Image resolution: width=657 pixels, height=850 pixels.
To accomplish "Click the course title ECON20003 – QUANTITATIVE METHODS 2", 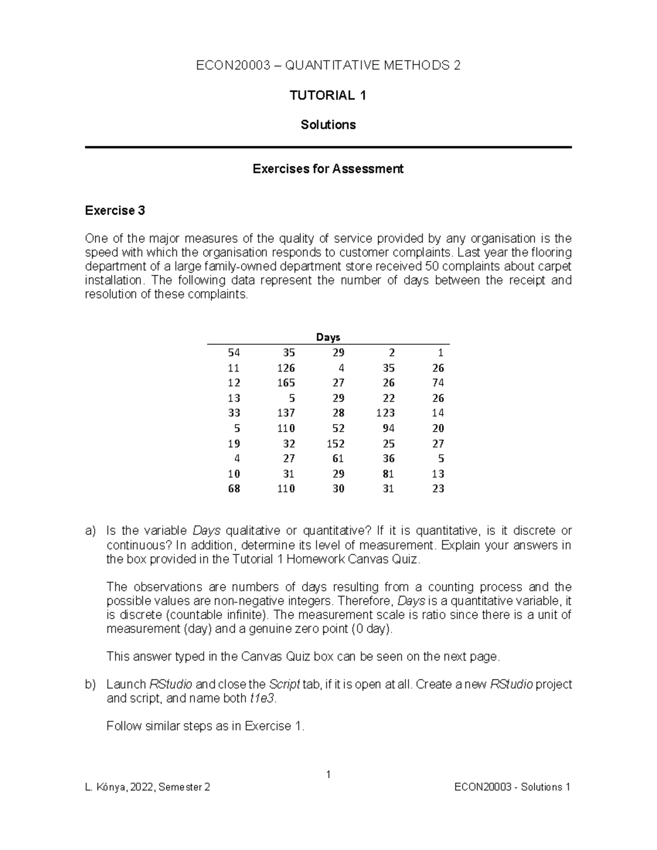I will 328,66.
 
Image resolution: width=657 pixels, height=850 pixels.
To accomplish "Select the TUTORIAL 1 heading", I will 328,96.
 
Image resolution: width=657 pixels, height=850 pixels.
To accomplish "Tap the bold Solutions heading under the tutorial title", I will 328,125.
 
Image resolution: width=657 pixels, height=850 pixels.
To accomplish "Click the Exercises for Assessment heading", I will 328,169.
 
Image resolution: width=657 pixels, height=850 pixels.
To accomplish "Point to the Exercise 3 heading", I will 115,211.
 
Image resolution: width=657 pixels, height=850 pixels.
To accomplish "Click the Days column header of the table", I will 328,337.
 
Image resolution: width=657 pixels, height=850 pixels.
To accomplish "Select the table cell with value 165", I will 286,383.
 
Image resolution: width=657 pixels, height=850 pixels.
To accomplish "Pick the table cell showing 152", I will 336,443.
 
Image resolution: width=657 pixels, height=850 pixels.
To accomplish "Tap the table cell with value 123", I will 385,413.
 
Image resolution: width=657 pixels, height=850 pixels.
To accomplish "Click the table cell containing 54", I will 234,352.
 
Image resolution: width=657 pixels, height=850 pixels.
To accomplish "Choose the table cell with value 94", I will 388,428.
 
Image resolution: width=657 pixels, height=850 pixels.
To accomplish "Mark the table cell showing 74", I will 438,383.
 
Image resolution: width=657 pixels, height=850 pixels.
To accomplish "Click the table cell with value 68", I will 234,489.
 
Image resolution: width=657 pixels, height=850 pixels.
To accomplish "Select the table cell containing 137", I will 286,413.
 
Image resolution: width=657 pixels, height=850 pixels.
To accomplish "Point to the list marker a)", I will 90,531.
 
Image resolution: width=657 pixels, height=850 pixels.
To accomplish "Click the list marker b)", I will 90,685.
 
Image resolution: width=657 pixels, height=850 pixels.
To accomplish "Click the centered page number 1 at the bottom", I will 328,774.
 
